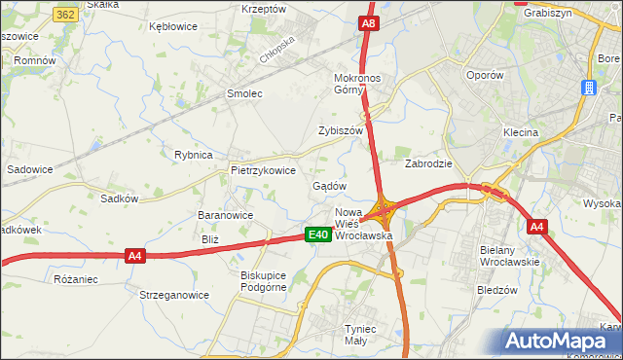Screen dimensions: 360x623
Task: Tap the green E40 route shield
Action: coord(316,234)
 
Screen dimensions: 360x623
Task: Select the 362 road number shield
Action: coord(66,15)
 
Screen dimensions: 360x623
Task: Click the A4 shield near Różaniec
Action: coord(135,256)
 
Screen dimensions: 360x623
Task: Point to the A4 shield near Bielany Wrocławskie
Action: coord(536,227)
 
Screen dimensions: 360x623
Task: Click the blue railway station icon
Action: coord(589,88)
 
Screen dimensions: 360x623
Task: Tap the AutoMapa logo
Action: coord(561,342)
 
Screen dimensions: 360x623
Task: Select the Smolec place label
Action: coord(244,93)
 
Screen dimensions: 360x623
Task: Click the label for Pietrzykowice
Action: coord(262,169)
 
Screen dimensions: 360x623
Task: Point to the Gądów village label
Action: coord(329,186)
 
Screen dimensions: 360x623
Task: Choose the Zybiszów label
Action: coord(340,130)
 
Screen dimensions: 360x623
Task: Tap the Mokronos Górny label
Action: coord(361,84)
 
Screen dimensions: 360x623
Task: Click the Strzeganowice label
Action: coord(174,295)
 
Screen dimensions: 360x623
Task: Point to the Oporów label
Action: coord(484,74)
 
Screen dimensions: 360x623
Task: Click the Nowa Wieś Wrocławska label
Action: coord(363,224)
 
